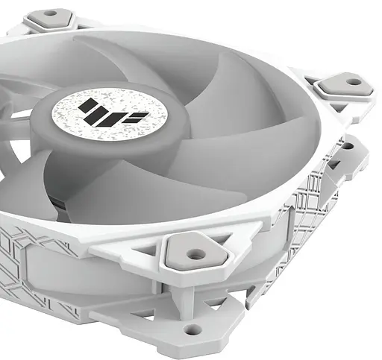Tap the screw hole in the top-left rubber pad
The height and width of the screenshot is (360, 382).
[x=51, y=13]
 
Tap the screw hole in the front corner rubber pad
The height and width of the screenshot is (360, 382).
[x=195, y=254]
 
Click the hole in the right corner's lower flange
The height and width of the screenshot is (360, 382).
[x=346, y=145]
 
